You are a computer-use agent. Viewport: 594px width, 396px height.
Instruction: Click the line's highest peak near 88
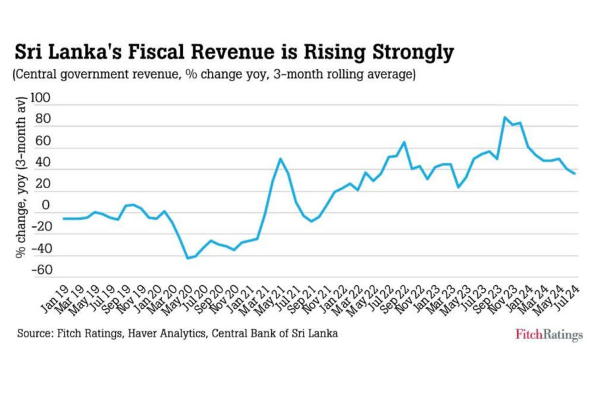(505, 117)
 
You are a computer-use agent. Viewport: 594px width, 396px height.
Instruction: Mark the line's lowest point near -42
(187, 258)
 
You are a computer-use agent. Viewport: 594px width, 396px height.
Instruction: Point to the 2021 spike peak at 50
(280, 158)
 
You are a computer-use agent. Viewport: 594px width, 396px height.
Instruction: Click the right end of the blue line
(575, 174)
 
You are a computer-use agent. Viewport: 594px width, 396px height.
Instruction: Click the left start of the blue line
(63, 218)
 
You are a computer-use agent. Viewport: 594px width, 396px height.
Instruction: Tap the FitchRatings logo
(548, 335)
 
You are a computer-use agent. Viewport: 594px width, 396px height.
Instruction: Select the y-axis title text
(22, 178)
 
